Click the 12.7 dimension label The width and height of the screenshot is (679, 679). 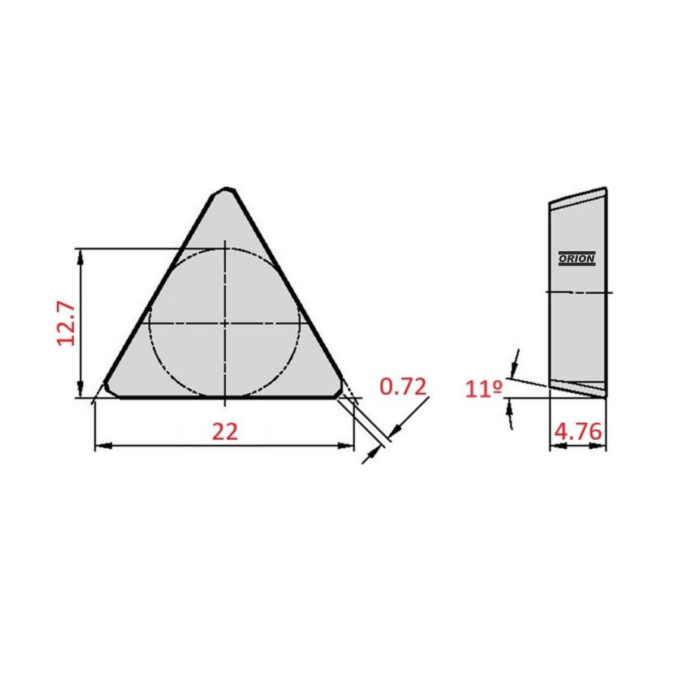[66, 324]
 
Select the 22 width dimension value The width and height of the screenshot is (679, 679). [225, 432]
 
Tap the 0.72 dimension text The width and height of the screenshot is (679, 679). [403, 386]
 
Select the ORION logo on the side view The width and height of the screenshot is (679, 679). [577, 258]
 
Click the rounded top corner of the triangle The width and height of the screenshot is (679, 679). [226, 191]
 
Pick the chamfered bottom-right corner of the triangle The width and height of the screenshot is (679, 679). [338, 390]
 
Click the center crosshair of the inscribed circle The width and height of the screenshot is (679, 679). [225, 323]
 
